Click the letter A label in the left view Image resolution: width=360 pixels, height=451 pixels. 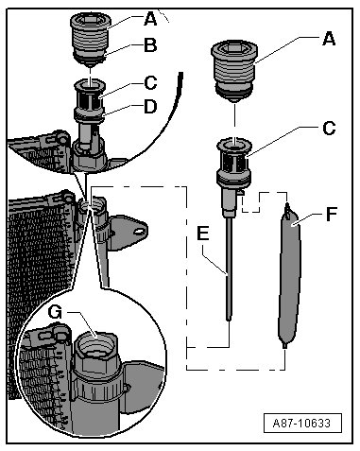tap(150, 19)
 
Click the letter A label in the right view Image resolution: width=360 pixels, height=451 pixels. tap(329, 39)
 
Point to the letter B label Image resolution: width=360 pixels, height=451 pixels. tap(150, 44)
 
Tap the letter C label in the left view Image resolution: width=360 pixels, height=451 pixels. tap(150, 83)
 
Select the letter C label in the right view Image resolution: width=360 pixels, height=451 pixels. tap(329, 129)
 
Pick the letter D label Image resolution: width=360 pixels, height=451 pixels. tap(150, 107)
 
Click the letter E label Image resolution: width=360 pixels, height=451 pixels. tap(202, 234)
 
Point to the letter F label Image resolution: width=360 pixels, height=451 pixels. tap(331, 215)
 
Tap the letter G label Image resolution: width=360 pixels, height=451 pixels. tap(55, 312)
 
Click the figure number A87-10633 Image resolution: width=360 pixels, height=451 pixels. tap(302, 423)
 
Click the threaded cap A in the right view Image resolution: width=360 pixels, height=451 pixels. tap(234, 71)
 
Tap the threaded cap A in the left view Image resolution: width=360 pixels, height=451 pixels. tap(90, 38)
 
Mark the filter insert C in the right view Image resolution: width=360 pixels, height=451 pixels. tap(234, 164)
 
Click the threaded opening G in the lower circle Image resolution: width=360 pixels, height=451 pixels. tap(95, 345)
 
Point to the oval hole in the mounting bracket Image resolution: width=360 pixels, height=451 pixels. tap(138, 232)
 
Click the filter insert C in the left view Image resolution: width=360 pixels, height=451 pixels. tap(90, 99)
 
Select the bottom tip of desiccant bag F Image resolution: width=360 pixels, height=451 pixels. tap(285, 346)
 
